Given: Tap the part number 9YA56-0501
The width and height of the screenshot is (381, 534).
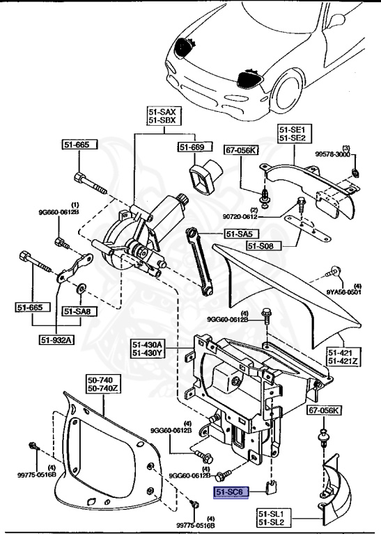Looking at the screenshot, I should [x=349, y=293].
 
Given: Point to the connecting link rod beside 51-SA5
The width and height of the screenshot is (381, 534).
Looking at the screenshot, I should [x=200, y=261].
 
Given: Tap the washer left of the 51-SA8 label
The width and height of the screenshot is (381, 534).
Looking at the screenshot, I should [x=81, y=287].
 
